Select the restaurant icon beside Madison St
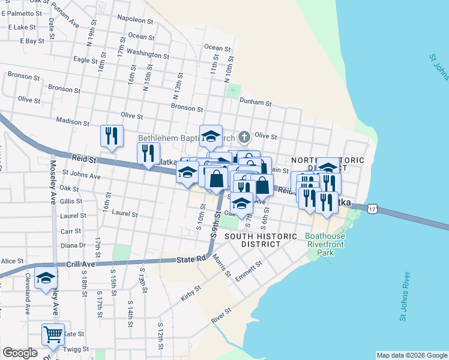click(112, 136)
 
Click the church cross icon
click(244, 137)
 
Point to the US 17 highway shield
click(373, 208)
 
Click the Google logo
click(20, 353)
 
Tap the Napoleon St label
click(136, 20)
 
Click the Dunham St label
click(256, 102)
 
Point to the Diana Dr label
click(73, 245)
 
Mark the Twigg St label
click(77, 349)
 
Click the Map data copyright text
click(412, 355)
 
